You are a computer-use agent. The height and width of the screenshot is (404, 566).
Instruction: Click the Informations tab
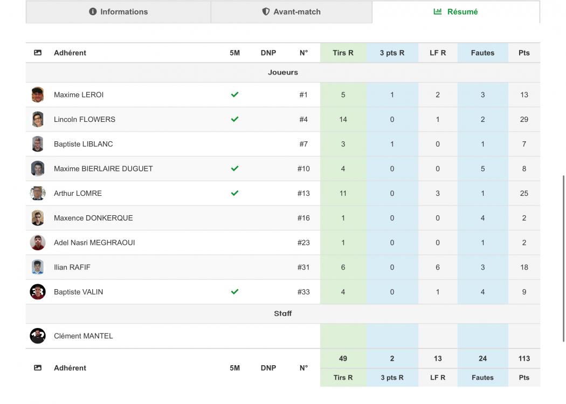point(119,11)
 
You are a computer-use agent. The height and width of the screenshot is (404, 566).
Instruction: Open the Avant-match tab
point(291,11)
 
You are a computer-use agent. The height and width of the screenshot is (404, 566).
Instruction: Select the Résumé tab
point(455,11)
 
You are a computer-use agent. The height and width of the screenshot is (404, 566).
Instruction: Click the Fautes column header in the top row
point(482,53)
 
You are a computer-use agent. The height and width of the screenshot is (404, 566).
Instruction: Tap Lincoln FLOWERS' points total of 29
point(524,120)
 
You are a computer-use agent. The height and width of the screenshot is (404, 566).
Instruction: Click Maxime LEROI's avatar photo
point(38,94)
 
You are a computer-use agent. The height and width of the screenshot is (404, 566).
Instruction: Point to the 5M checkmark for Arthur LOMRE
point(234,193)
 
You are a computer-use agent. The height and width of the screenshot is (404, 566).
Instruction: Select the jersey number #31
point(303,267)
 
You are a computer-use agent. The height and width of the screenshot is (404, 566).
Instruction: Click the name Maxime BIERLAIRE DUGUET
point(103,169)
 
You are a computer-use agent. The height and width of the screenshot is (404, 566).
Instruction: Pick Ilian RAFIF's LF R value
point(438,267)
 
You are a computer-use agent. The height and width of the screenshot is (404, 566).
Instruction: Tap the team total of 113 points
point(524,359)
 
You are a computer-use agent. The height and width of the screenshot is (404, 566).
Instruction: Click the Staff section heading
point(282,313)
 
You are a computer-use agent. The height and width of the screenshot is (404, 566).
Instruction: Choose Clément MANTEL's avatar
point(38,335)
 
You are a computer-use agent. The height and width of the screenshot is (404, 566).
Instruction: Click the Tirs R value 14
point(343,120)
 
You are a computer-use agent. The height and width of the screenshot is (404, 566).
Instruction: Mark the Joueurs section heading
point(282,72)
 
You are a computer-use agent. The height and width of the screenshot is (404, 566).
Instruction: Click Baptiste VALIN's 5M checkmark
point(234,292)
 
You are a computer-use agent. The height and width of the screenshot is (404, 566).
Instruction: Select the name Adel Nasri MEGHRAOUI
point(94,243)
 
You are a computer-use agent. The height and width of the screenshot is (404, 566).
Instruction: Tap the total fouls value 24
point(482,359)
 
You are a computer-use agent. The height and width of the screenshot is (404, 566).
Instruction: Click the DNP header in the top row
point(268,53)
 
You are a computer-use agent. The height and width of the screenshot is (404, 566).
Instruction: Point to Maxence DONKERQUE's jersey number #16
point(303,218)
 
